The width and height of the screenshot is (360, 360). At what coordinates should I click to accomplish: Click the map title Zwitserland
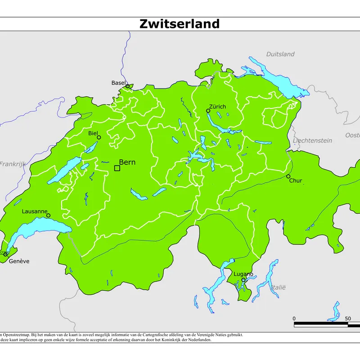coord(180,24)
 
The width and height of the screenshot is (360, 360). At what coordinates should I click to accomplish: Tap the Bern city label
coord(127,162)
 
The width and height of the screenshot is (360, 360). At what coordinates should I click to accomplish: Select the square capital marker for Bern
coord(117,168)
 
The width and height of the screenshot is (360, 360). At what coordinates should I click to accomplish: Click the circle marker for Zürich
coord(208,111)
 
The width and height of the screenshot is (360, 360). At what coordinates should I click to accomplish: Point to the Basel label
coord(118,83)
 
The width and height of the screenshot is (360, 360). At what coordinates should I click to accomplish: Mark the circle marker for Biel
coord(99,137)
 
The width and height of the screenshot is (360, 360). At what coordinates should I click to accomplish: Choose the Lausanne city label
coord(35,211)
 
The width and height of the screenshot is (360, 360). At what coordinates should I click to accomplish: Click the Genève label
coord(19,261)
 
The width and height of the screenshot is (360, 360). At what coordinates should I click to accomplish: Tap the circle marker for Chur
coord(288,176)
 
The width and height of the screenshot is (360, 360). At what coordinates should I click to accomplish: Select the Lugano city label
coord(243,274)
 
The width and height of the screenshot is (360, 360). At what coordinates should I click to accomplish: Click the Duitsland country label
coord(280,54)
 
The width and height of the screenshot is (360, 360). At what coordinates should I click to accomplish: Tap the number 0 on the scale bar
coord(294,319)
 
